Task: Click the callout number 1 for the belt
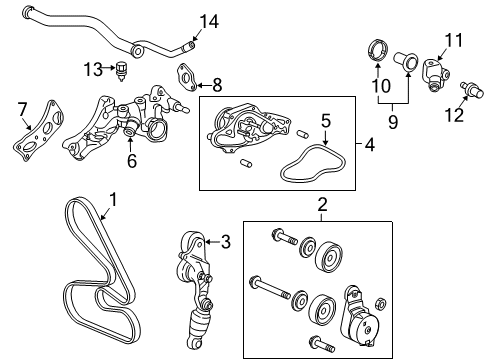coord(112,201)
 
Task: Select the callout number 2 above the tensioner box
coord(322,206)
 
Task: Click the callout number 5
coord(326,120)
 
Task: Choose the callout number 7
coord(22,107)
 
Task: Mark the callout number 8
coord(217,85)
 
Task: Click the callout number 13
coord(93,68)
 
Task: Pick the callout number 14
coord(207,21)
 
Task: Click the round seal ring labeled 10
coord(379,50)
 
